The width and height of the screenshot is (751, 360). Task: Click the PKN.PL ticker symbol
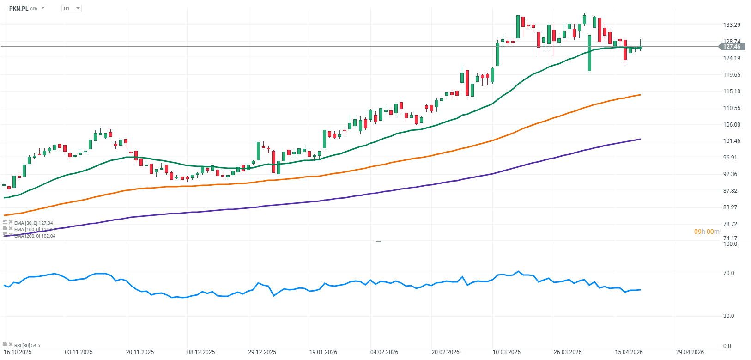click(x=18, y=8)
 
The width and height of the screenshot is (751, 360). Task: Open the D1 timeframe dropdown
click(x=72, y=8)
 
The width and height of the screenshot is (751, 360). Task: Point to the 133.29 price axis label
click(x=732, y=25)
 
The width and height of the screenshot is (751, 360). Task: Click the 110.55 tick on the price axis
click(x=732, y=108)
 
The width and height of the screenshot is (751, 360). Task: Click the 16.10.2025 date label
click(x=18, y=352)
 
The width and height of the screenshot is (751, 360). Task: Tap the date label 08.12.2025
click(x=201, y=352)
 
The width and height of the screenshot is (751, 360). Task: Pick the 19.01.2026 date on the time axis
click(x=323, y=352)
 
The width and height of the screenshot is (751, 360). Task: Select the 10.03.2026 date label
click(x=507, y=352)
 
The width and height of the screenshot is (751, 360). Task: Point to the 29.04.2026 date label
click(x=690, y=352)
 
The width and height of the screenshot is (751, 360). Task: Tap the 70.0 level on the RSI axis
click(x=728, y=273)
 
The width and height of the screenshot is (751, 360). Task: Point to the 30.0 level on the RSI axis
click(x=728, y=316)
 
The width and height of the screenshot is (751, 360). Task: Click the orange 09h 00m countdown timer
click(x=707, y=232)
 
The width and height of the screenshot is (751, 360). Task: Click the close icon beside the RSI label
click(x=11, y=344)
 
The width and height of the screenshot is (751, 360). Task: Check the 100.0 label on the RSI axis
click(x=730, y=244)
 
